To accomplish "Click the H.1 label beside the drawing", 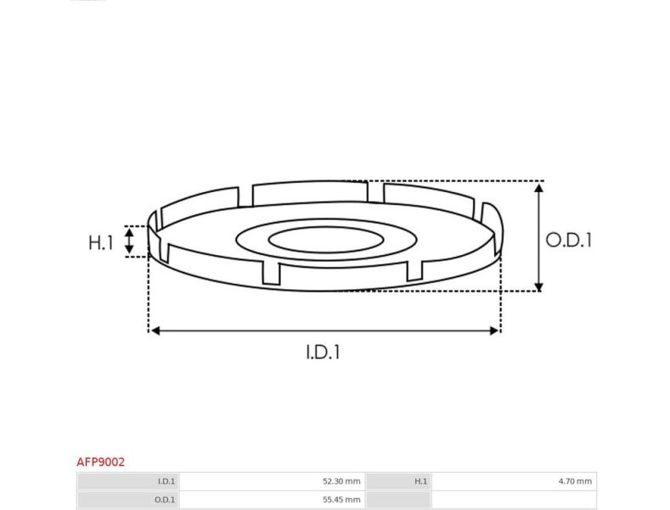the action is click(100, 242).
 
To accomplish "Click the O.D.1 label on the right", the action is click(569, 240).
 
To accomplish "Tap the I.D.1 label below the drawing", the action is click(324, 352).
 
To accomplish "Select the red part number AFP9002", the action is click(100, 462).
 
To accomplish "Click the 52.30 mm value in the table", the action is click(341, 481).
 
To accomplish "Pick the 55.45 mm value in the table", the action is click(341, 499).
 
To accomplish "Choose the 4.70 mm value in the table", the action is click(575, 481).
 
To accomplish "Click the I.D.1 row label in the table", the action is click(166, 481).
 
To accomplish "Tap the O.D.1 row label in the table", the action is click(165, 499).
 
